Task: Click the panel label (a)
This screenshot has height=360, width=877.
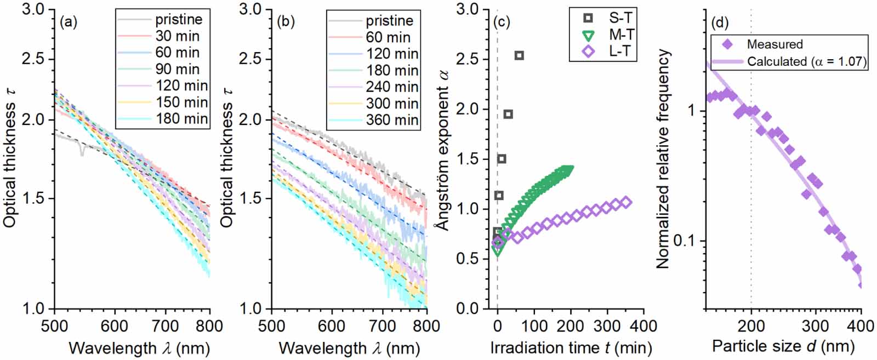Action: pyautogui.click(x=69, y=22)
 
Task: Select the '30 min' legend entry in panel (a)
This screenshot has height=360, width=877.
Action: pyautogui.click(x=177, y=36)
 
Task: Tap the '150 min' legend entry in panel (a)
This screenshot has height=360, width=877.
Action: pyautogui.click(x=181, y=102)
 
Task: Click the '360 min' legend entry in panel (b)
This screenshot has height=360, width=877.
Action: pyautogui.click(x=392, y=120)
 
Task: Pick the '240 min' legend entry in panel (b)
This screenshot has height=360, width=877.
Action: pyautogui.click(x=392, y=87)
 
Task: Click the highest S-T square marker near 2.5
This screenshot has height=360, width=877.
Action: pyautogui.click(x=519, y=55)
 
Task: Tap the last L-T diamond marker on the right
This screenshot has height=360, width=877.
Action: pyautogui.click(x=626, y=203)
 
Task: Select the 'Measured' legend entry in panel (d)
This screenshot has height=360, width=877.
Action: pyautogui.click(x=775, y=44)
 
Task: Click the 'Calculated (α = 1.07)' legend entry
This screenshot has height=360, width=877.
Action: pyautogui.click(x=806, y=61)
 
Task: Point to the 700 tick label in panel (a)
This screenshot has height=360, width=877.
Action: pyautogui.click(x=165, y=327)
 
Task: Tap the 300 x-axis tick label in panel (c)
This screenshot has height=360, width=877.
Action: pyautogui.click(x=607, y=327)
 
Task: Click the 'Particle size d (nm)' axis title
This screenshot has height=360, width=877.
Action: pyautogui.click(x=783, y=347)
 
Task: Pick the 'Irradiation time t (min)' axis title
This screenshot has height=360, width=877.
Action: pyautogui.click(x=571, y=348)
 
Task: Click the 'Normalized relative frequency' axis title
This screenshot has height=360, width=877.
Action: pyautogui.click(x=663, y=159)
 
